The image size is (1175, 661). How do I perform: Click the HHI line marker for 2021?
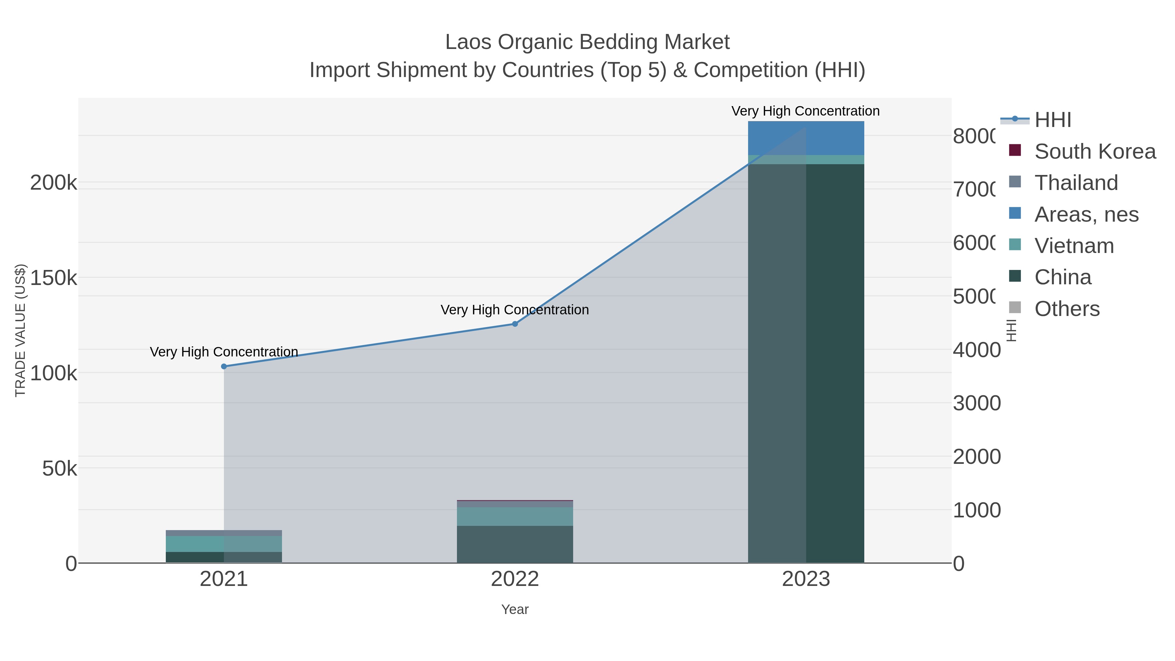[x=224, y=366]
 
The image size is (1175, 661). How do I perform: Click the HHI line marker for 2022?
[x=515, y=324]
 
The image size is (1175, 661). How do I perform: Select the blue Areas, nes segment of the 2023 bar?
[x=806, y=138]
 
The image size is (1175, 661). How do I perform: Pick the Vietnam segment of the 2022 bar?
[x=515, y=516]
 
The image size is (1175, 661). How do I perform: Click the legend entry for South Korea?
[x=1095, y=151]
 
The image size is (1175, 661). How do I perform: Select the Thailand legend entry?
[x=1075, y=183]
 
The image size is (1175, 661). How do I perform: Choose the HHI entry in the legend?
[x=1052, y=120]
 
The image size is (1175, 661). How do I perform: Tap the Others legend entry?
[x=1066, y=309]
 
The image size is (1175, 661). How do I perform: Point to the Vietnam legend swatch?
[x=1015, y=244]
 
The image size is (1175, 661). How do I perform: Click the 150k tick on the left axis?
[x=54, y=278]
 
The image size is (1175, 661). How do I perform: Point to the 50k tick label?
[x=59, y=468]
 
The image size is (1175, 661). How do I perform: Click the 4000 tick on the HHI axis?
[x=976, y=350]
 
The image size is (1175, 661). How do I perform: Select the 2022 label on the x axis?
[x=515, y=579]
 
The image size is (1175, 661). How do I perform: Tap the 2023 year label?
[x=806, y=579]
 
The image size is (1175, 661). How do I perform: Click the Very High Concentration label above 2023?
[x=805, y=111]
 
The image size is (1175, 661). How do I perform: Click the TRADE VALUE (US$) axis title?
[x=21, y=330]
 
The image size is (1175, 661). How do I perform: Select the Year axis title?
[x=515, y=609]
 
